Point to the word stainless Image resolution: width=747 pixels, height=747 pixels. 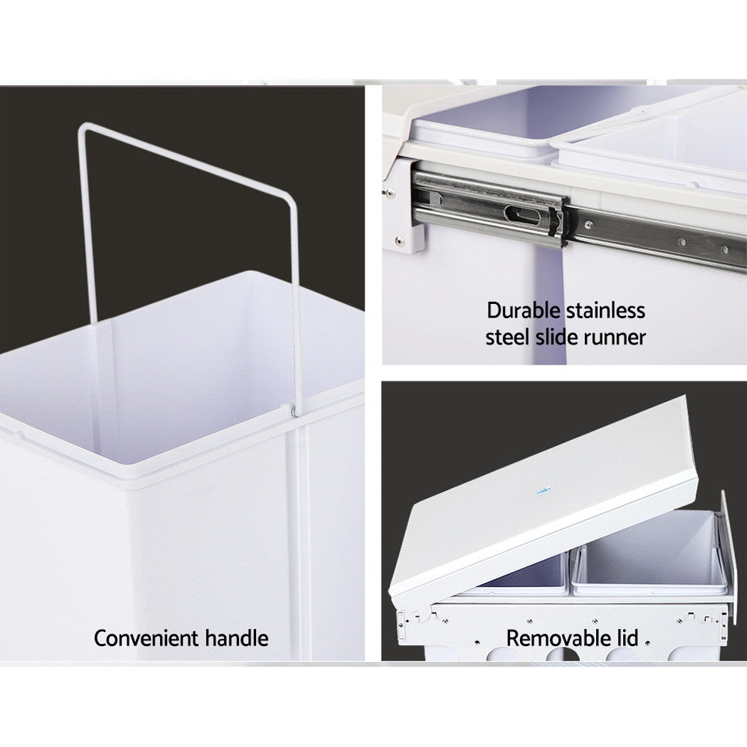coord(606,310)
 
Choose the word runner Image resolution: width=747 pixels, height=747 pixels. coord(615,337)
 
